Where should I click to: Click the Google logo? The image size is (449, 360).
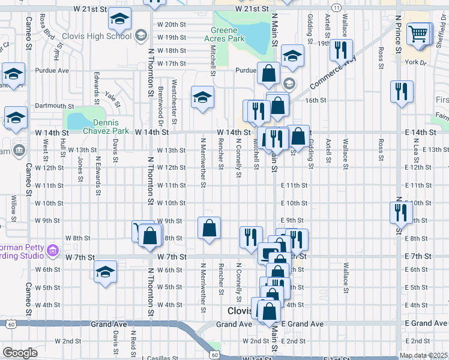(x=19, y=353)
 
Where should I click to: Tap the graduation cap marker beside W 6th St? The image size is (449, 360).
(x=106, y=271)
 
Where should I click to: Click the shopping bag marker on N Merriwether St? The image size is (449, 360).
(x=209, y=229)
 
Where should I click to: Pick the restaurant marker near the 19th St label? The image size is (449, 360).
(x=341, y=51)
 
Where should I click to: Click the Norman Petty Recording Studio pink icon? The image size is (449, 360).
(x=52, y=250)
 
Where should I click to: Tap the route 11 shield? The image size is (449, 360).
(x=338, y=7)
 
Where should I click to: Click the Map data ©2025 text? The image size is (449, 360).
(x=423, y=355)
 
